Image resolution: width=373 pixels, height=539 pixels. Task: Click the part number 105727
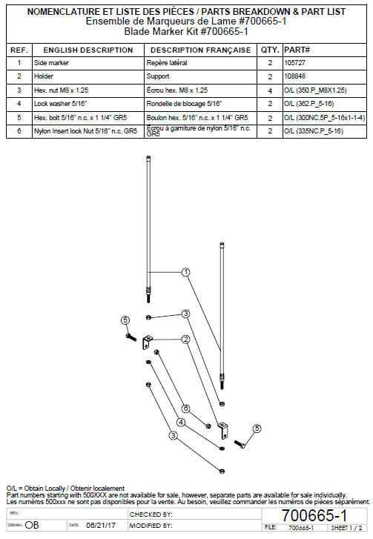click(294, 63)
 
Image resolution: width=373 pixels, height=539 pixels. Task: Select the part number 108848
click(294, 76)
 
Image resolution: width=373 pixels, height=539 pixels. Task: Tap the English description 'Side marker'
click(51, 63)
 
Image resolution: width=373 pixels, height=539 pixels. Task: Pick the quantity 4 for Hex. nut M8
click(270, 90)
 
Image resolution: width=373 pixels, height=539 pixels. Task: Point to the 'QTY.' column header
click(270, 50)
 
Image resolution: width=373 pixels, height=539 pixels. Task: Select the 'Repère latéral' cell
click(167, 63)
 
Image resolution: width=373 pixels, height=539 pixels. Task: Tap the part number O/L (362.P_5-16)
click(309, 104)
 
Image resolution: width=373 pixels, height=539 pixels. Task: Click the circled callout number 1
click(186, 273)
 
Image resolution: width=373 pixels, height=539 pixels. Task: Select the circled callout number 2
click(185, 340)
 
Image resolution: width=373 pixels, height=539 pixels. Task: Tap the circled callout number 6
click(186, 409)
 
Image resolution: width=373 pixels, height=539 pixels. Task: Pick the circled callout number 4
click(181, 423)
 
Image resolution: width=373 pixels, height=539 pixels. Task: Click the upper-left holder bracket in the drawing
click(147, 343)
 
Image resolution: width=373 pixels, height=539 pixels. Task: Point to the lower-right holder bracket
click(223, 431)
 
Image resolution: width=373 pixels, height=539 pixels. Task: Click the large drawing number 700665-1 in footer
click(314, 515)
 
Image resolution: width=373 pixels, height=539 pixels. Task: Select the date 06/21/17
click(101, 526)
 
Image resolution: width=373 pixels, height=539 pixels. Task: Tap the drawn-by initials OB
click(32, 525)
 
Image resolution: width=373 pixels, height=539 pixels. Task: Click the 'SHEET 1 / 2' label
click(346, 528)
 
